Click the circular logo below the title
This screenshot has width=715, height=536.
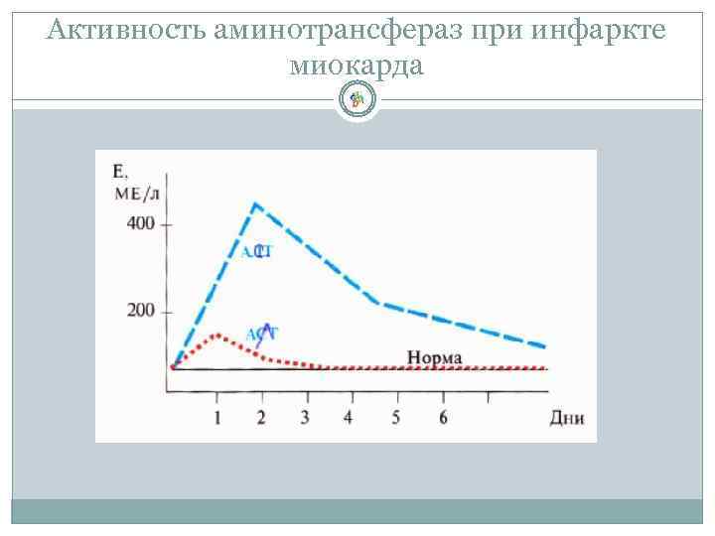[x=357, y=98]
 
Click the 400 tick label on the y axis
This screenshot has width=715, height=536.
[x=140, y=223]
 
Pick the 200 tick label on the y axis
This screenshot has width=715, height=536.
[x=140, y=312]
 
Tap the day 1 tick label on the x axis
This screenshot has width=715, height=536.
[x=217, y=417]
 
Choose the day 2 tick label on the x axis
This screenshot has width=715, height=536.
[x=261, y=417]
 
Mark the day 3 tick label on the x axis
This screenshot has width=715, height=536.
[x=305, y=417]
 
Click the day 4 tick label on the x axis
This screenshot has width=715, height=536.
[x=348, y=417]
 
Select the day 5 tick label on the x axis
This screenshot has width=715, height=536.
[x=395, y=417]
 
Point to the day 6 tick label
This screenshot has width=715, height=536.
[x=442, y=417]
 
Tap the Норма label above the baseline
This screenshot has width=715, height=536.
[x=434, y=357]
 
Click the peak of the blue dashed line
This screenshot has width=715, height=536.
[x=256, y=204]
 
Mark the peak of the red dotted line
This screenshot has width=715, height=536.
[x=217, y=335]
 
